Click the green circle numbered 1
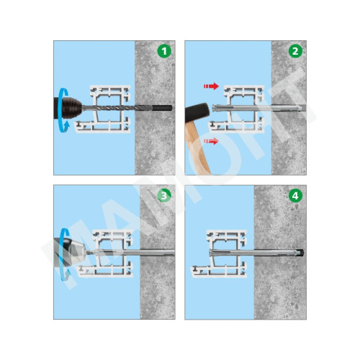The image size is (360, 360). [x=164, y=51]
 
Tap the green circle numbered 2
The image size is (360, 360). [x=295, y=51]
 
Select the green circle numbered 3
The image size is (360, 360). [x=164, y=196]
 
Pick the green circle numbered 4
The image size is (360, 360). [x=295, y=196]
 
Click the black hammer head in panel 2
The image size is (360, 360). [x=198, y=112]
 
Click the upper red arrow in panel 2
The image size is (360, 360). [x=211, y=86]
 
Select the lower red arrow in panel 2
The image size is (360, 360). [x=211, y=141]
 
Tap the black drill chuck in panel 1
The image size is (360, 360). [x=68, y=108]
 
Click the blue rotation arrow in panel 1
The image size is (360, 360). [x=62, y=110]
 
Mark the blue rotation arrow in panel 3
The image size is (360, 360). [x=63, y=254]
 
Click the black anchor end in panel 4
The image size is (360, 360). [x=300, y=253]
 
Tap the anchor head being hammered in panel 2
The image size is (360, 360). [x=215, y=108]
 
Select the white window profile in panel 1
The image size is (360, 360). [x=103, y=109]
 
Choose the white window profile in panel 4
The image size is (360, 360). [x=219, y=253]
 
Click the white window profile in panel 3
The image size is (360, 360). [x=106, y=253]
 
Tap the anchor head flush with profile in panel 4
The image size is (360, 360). [x=210, y=253]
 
